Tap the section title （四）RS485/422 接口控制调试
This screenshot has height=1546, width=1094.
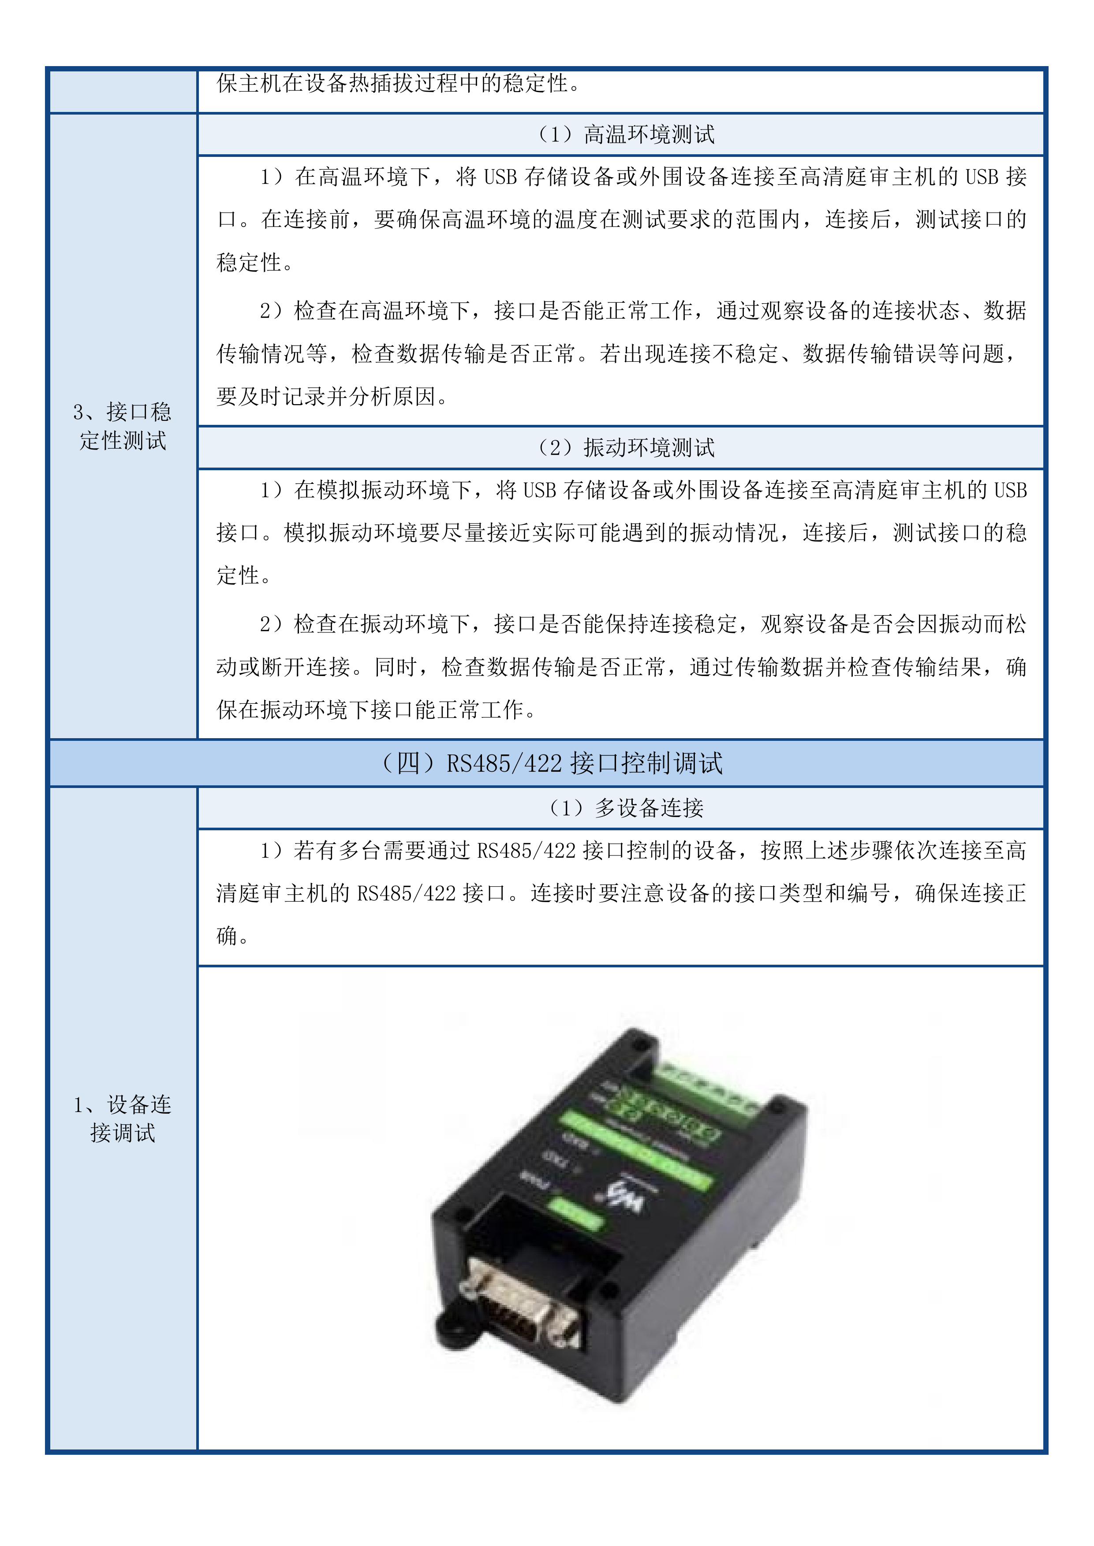click(x=551, y=763)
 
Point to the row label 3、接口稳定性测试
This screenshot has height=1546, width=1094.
click(x=123, y=426)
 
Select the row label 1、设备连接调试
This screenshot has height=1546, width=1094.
click(x=123, y=1119)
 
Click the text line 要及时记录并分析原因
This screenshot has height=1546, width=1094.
click(x=332, y=397)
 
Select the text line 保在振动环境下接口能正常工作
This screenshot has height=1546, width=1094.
click(x=375, y=710)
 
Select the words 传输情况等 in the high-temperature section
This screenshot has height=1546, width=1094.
click(x=271, y=353)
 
